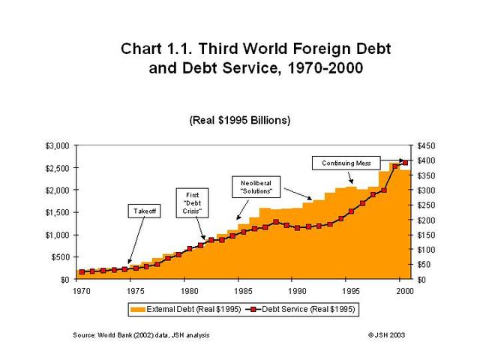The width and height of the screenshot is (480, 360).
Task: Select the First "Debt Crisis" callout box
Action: tap(191, 203)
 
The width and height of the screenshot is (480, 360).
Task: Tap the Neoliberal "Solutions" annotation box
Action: tap(256, 187)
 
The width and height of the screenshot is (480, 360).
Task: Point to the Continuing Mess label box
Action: tap(346, 163)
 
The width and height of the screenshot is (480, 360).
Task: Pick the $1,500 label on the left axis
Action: tap(58, 212)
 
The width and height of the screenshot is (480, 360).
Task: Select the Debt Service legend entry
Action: tap(309, 308)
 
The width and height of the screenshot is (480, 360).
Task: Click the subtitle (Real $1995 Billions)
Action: tap(240, 120)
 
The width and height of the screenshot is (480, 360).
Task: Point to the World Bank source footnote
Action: tap(141, 334)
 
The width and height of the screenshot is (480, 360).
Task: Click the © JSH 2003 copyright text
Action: tap(387, 334)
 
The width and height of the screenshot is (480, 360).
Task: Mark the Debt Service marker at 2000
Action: tap(406, 163)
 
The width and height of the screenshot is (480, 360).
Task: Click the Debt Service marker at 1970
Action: tap(81, 271)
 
